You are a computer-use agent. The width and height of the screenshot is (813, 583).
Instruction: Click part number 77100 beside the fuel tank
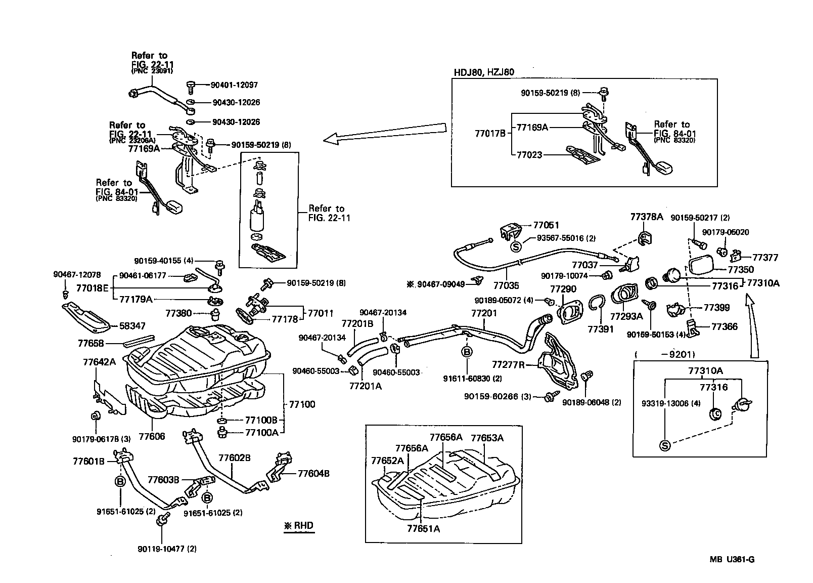click(x=302, y=404)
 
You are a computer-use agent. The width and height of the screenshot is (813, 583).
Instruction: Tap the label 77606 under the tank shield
click(x=152, y=436)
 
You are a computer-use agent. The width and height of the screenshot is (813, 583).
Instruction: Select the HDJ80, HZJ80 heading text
click(x=483, y=72)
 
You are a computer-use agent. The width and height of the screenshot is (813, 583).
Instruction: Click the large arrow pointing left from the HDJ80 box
click(x=384, y=133)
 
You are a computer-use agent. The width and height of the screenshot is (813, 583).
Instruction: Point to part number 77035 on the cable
click(x=506, y=286)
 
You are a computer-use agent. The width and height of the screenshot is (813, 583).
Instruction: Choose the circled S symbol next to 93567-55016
click(x=516, y=247)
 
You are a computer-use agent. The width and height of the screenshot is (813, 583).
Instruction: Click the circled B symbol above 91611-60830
click(x=467, y=351)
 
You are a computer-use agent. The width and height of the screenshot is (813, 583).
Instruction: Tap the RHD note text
click(x=299, y=526)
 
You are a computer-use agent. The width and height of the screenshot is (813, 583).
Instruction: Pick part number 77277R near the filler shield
click(x=508, y=364)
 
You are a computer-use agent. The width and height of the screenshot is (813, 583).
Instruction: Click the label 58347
click(x=132, y=326)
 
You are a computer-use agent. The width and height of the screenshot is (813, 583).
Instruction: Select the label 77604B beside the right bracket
click(x=313, y=474)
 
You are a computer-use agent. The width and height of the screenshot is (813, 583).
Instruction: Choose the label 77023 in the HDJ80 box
click(x=529, y=155)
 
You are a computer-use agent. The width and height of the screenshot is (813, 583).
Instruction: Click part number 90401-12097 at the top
click(x=235, y=85)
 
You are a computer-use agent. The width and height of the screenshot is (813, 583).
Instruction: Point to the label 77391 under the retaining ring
click(x=600, y=329)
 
